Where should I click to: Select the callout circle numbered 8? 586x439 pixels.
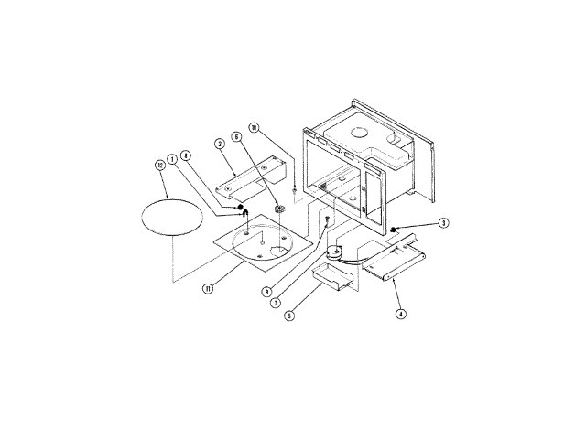pyautogui.click(x=186, y=156)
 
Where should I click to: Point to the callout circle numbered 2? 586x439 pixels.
pyautogui.click(x=220, y=144)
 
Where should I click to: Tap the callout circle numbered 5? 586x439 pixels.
pyautogui.click(x=288, y=316)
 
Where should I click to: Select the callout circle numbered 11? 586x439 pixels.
pyautogui.click(x=209, y=288)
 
